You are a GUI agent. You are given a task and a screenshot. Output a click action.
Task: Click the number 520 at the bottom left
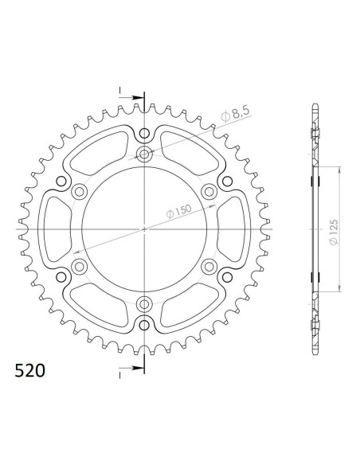click(29, 372)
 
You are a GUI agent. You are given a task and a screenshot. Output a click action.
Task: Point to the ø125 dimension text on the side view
click(333, 230)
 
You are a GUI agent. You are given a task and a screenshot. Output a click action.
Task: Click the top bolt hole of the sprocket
click(144, 154)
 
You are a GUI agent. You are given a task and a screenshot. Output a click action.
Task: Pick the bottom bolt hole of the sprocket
click(144, 303)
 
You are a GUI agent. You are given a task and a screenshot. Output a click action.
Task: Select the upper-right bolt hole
click(209, 191)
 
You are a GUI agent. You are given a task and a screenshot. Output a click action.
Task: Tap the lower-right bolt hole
click(209, 266)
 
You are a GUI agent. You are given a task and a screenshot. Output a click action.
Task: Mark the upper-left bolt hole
click(79, 191)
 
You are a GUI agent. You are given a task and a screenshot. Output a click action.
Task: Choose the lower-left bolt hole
click(79, 266)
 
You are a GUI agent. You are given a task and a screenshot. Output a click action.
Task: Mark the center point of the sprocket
click(144, 229)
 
